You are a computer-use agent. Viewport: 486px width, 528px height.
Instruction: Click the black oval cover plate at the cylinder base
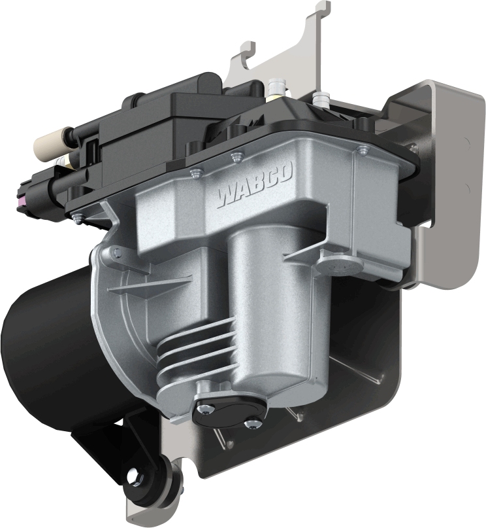pyautogui.click(x=229, y=412)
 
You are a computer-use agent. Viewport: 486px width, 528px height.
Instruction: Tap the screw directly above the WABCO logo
pyautogui.click(x=235, y=156)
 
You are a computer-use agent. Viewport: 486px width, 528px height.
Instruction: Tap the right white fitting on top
pyautogui.click(x=320, y=97)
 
